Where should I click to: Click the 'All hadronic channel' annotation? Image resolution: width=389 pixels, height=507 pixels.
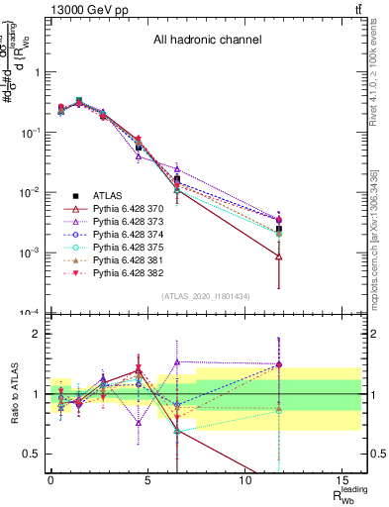[206, 41]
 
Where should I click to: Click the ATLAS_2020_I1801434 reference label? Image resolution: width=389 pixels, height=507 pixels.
[206, 296]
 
